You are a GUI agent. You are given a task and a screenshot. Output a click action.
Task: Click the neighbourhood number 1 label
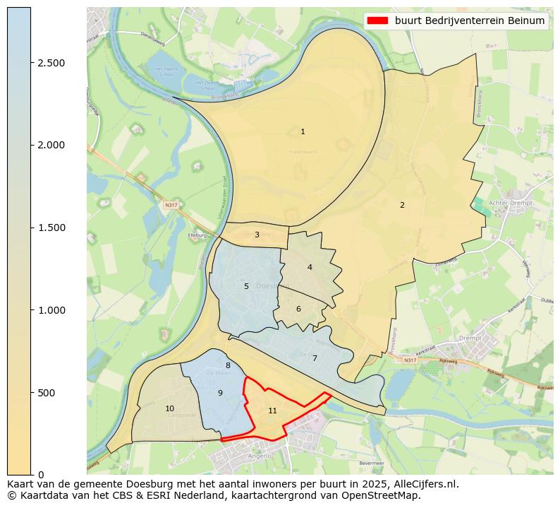click(x=303, y=132)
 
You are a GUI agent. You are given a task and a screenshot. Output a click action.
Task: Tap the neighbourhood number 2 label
click(x=402, y=206)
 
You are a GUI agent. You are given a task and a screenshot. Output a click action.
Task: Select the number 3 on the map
click(x=257, y=235)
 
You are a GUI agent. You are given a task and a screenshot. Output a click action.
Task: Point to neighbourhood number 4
click(x=310, y=268)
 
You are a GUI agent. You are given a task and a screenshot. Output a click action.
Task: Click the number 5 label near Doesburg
click(x=246, y=287)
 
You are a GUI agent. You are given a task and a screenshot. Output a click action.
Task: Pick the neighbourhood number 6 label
click(x=298, y=309)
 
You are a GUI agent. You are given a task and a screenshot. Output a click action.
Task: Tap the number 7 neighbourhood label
click(x=315, y=359)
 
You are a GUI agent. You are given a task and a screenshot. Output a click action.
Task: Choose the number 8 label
click(x=228, y=366)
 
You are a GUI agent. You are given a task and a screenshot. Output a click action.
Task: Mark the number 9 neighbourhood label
click(x=220, y=394)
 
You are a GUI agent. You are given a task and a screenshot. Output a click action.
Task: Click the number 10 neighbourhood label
click(x=169, y=409)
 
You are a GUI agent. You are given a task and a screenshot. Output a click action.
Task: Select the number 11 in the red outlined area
click(x=272, y=411)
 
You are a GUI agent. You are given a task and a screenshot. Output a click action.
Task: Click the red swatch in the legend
click(x=378, y=21)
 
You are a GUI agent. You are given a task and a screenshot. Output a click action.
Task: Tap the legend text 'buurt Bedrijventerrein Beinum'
click(x=469, y=21)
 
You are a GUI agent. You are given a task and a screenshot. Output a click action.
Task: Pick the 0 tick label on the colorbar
click(x=41, y=475)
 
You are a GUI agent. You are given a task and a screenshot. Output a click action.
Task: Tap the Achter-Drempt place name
click(x=510, y=203)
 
